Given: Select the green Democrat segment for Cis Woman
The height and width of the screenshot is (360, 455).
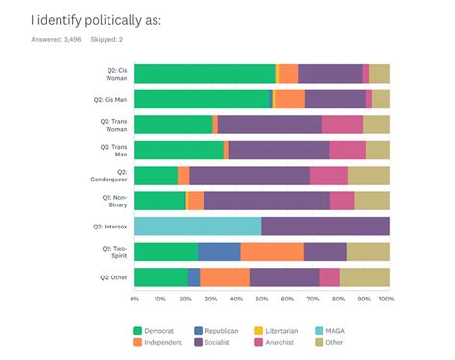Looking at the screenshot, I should (x=204, y=74).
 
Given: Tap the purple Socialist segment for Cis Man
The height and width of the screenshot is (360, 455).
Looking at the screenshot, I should (x=334, y=99).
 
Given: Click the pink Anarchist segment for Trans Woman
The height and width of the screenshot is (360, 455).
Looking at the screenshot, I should (x=342, y=125).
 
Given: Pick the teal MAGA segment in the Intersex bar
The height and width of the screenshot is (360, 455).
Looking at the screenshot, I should (x=198, y=226).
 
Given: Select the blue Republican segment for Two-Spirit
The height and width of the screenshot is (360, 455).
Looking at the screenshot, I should (x=219, y=252).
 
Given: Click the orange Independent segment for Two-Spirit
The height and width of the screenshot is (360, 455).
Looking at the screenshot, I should (x=272, y=252).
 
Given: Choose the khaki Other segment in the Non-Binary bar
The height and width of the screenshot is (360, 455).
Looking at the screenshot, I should (x=371, y=201).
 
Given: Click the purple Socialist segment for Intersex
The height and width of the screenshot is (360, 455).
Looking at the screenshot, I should (x=325, y=226).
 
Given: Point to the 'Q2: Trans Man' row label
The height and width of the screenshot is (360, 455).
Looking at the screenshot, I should (x=113, y=150).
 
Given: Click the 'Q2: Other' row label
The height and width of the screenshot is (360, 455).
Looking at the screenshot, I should (x=113, y=276).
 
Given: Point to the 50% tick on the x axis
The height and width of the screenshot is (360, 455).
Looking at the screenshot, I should (x=261, y=299).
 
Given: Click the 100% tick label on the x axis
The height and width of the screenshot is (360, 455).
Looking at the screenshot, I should (x=386, y=299).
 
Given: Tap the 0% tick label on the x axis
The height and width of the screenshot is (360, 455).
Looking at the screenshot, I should (x=135, y=299).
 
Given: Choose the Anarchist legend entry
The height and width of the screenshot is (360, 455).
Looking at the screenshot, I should (x=284, y=341).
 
